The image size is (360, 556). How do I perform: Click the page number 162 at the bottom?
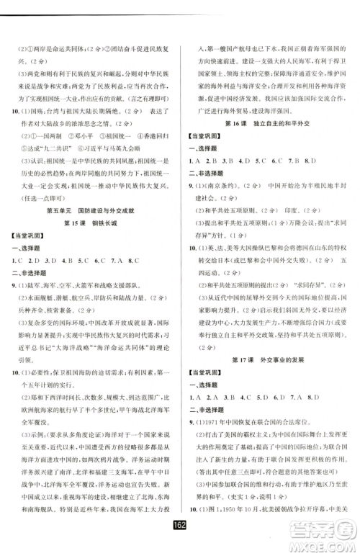(180, 543)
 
